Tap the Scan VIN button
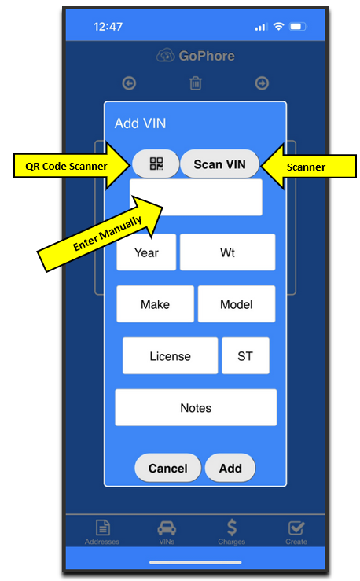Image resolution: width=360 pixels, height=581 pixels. [x=219, y=164]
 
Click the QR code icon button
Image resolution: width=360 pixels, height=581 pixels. [x=156, y=164]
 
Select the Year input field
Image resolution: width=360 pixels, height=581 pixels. [x=146, y=252]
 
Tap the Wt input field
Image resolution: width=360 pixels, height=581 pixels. [x=227, y=252]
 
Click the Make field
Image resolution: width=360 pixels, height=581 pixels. [x=155, y=304]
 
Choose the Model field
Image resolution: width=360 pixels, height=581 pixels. [x=237, y=304]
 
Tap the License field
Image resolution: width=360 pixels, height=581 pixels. [x=171, y=355]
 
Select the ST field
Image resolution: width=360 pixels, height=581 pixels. [x=245, y=355]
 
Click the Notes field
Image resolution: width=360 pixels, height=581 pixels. [x=196, y=407]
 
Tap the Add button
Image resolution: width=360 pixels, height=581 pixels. [x=230, y=468]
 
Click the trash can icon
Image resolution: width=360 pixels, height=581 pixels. [x=196, y=83]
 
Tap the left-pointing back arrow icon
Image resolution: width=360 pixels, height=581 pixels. [x=129, y=83]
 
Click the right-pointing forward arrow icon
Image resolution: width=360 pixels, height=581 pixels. [x=262, y=83]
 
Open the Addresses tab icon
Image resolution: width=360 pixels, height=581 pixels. [x=103, y=528]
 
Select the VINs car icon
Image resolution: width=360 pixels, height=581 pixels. [x=167, y=528]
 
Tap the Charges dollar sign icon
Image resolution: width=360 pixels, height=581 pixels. [x=232, y=528]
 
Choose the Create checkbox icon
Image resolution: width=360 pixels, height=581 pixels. [x=296, y=528]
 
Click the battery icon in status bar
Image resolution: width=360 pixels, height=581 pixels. [x=299, y=27]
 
